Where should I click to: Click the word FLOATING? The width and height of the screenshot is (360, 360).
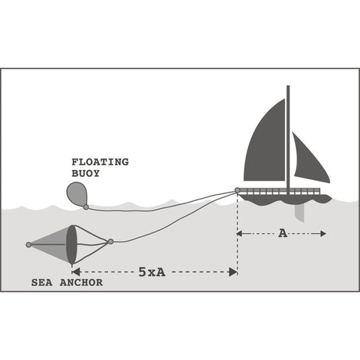(x=100, y=162)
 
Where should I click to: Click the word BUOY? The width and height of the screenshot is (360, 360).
(x=85, y=174)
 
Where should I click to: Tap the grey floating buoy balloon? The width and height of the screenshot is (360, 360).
(x=77, y=193)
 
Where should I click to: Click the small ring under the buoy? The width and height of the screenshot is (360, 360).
(x=86, y=207)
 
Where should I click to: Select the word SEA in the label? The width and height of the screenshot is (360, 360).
(x=41, y=283)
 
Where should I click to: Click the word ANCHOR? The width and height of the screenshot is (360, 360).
(x=81, y=283)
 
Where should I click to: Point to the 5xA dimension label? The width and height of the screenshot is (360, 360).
(x=152, y=272)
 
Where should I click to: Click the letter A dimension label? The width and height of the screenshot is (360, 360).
(x=283, y=233)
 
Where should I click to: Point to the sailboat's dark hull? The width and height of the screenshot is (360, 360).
(x=285, y=199)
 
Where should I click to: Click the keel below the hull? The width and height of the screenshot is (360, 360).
(x=300, y=213)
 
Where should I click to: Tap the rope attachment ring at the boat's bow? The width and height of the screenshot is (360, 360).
(x=237, y=190)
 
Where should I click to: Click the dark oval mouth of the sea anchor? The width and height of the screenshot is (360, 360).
(x=71, y=245)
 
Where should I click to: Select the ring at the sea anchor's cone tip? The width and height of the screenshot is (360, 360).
(x=29, y=245)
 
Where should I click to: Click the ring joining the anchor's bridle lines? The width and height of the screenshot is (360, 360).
(x=110, y=242)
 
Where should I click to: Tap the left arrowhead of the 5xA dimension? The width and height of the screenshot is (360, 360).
(x=76, y=272)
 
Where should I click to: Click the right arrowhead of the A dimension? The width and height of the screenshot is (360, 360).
(x=323, y=233)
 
